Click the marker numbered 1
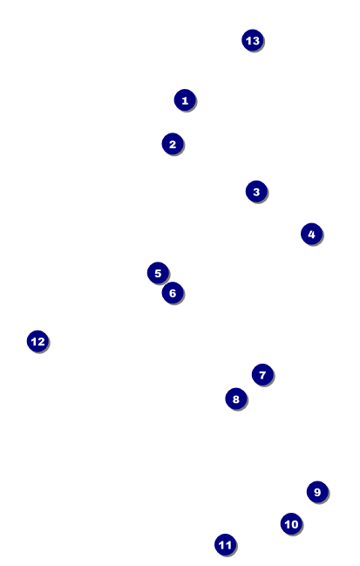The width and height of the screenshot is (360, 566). pyautogui.click(x=185, y=100)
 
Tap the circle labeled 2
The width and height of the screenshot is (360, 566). pyautogui.click(x=173, y=144)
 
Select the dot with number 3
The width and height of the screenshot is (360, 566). pyautogui.click(x=256, y=191)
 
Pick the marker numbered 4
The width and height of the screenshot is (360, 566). pyautogui.click(x=312, y=234)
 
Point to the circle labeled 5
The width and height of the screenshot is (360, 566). pyautogui.click(x=158, y=273)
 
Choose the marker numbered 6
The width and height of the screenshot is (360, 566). pyautogui.click(x=173, y=293)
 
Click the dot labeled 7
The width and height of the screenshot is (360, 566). pyautogui.click(x=262, y=375)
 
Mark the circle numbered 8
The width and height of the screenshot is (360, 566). pyautogui.click(x=236, y=399)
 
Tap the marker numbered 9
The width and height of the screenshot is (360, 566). pyautogui.click(x=317, y=492)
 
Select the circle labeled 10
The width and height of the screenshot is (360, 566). pyautogui.click(x=291, y=524)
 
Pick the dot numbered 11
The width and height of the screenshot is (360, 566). pyautogui.click(x=226, y=545)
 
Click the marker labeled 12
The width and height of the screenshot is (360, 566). pyautogui.click(x=37, y=341)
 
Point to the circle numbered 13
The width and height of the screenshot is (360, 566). pyautogui.click(x=253, y=40)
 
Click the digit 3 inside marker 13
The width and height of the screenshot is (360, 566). pyautogui.click(x=255, y=41)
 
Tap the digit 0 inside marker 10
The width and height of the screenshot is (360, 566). pyautogui.click(x=295, y=524)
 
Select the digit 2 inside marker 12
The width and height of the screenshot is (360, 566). pyautogui.click(x=41, y=342)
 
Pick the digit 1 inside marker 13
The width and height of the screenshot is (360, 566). pyautogui.click(x=249, y=41)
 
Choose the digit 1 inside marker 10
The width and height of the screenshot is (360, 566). pyautogui.click(x=288, y=524)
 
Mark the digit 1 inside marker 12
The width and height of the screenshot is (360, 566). pyautogui.click(x=34, y=342)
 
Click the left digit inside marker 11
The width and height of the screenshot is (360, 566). pyautogui.click(x=222, y=545)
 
